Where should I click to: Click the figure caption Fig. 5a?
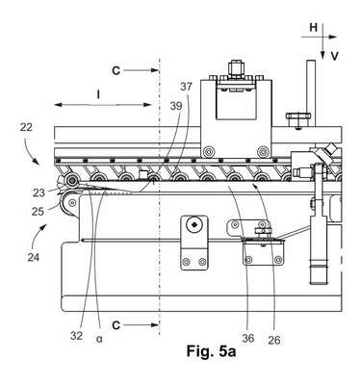212,351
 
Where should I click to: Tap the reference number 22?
26,127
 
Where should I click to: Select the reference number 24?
33,257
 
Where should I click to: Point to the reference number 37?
186,87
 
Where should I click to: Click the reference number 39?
175,106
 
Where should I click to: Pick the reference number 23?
39,193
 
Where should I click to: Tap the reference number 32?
77,336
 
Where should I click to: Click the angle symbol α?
99,339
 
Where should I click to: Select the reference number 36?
248,338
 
